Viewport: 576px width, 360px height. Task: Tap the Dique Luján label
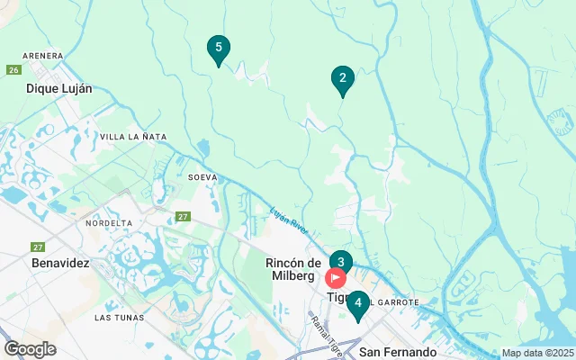pyautogui.click(x=59, y=88)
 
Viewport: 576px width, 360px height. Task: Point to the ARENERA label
pyautogui.click(x=43, y=56)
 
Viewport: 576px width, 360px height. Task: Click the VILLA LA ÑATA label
pyautogui.click(x=133, y=137)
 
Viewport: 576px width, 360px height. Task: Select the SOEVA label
pyautogui.click(x=202, y=177)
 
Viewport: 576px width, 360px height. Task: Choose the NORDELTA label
pyautogui.click(x=108, y=222)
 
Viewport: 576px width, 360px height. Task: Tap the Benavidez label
pyautogui.click(x=60, y=263)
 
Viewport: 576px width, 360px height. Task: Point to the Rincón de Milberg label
pyautogui.click(x=294, y=268)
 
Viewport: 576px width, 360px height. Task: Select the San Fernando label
pyautogui.click(x=397, y=351)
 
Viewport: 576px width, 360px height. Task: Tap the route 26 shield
pyautogui.click(x=13, y=69)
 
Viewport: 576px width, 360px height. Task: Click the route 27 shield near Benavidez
pyautogui.click(x=38, y=247)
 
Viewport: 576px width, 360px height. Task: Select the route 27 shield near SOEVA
pyautogui.click(x=183, y=216)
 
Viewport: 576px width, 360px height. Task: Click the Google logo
pyautogui.click(x=30, y=349)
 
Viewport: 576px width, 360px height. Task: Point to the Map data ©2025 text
pyautogui.click(x=536, y=354)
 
